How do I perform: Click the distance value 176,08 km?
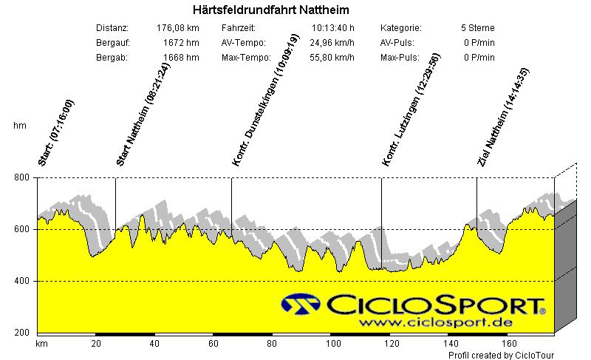pyautogui.click(x=178, y=28)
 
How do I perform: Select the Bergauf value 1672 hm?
pyautogui.click(x=181, y=43)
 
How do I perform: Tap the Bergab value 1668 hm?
pyautogui.click(x=181, y=58)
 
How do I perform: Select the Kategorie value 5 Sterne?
pyautogui.click(x=477, y=28)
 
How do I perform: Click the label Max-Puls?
pyautogui.click(x=400, y=58)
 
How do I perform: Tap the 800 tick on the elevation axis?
pyautogui.click(x=22, y=178)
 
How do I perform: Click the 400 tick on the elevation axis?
pyautogui.click(x=22, y=282)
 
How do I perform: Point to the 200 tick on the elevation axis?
pyautogui.click(x=22, y=333)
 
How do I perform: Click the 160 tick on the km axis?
pyautogui.click(x=508, y=344)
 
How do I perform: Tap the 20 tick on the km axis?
pyautogui.click(x=96, y=344)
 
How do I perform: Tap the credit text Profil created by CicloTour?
pyautogui.click(x=501, y=356)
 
